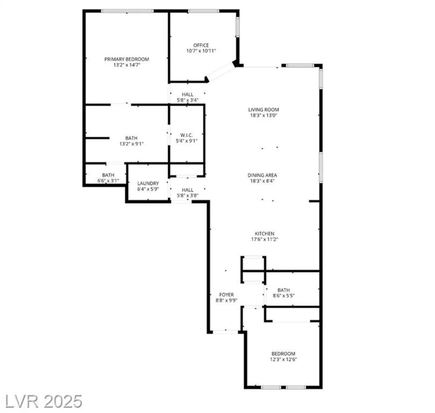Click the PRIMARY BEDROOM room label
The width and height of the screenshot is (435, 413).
pyautogui.click(x=127, y=59)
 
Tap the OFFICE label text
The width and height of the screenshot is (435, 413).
pyautogui.click(x=201, y=45)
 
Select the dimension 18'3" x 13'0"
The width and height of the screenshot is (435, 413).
pyautogui.click(x=263, y=115)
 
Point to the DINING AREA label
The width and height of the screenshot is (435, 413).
pyautogui.click(x=262, y=175)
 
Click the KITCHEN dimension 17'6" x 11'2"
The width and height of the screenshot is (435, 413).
pyautogui.click(x=264, y=239)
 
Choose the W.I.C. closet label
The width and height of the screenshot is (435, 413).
pyautogui.click(x=186, y=135)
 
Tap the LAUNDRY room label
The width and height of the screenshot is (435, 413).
pyautogui.click(x=148, y=183)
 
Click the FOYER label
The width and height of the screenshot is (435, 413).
pyautogui.click(x=227, y=295)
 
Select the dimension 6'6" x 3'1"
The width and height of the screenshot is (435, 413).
pyautogui.click(x=108, y=181)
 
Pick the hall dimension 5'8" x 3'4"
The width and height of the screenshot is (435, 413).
pyautogui.click(x=187, y=100)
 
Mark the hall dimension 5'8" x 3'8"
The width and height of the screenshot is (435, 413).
pyautogui.click(x=187, y=196)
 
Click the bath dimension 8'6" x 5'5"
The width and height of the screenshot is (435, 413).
pyautogui.click(x=284, y=296)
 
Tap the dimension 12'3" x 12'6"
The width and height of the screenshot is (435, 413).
pyautogui.click(x=283, y=359)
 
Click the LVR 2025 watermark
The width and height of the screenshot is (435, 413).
pyautogui.click(x=44, y=401)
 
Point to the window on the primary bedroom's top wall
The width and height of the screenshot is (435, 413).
pyautogui.click(x=127, y=11)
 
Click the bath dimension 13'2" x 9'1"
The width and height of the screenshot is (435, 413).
pyautogui.click(x=131, y=144)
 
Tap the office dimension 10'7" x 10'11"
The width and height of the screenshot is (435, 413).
pyautogui.click(x=201, y=51)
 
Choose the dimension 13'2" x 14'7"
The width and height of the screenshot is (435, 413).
pyautogui.click(x=127, y=65)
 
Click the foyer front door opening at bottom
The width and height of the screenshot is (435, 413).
pyautogui.click(x=225, y=332)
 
